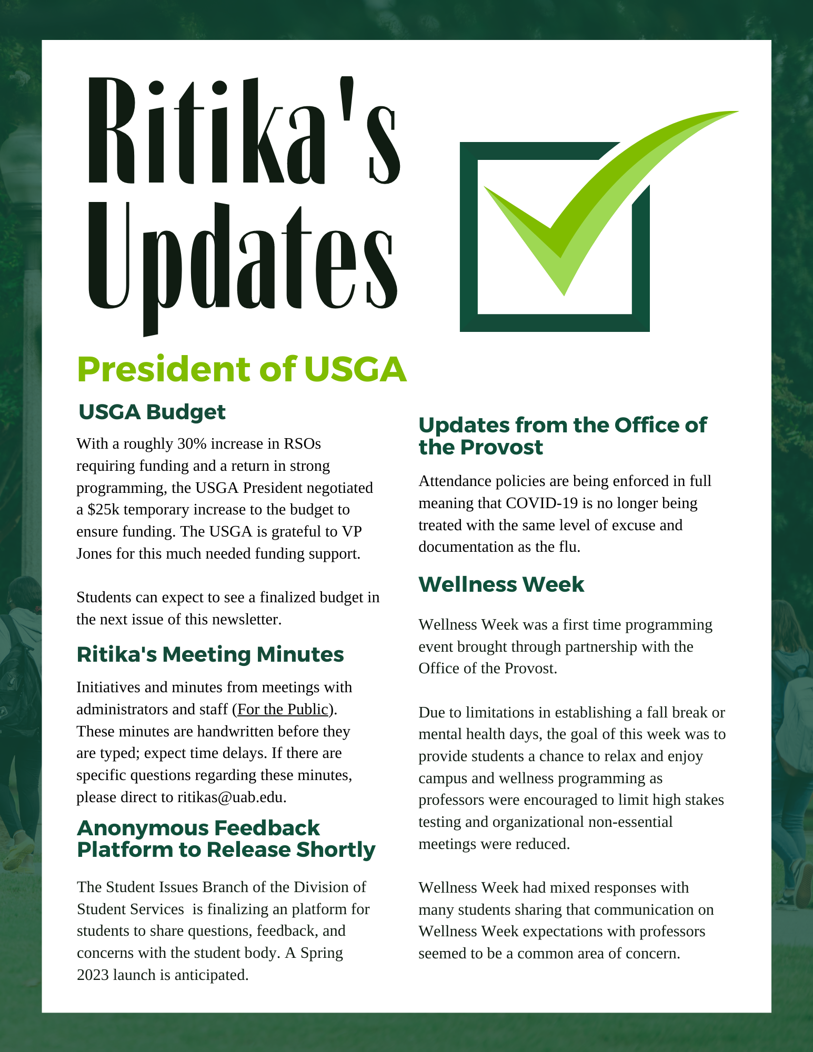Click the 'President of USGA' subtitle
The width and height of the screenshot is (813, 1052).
point(242,369)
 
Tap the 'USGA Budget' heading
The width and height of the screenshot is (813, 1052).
point(152,412)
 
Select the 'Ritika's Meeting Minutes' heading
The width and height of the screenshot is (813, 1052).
point(210,655)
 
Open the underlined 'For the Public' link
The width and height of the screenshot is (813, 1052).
point(283,710)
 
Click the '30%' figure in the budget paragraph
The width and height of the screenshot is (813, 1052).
point(192,444)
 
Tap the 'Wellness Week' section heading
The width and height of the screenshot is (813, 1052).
point(501,585)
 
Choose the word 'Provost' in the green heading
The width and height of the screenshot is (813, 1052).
point(501,448)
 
